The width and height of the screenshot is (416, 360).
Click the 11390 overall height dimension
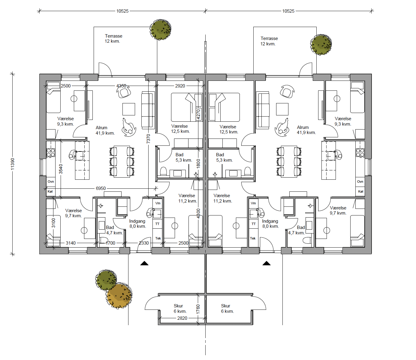(x=13, y=164)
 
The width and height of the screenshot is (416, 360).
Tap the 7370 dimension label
(x=148, y=139)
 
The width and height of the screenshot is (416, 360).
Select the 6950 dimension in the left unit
(x=101, y=188)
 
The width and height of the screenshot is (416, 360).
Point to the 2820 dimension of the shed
(x=182, y=318)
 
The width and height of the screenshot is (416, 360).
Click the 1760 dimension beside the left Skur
(x=198, y=309)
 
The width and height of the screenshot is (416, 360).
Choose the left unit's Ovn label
(x=51, y=182)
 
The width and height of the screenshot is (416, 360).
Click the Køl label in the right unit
(x=361, y=191)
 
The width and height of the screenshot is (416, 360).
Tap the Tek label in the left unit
(x=158, y=238)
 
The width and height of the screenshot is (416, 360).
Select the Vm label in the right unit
(x=253, y=203)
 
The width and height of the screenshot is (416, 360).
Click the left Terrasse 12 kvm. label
(x=113, y=38)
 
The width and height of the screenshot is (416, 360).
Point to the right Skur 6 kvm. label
(x=228, y=308)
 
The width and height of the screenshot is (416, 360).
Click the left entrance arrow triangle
(x=144, y=263)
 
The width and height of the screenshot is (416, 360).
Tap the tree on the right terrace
(x=321, y=45)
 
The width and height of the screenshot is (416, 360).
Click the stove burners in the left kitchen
(x=51, y=153)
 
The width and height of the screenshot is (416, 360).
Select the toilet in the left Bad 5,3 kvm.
(x=163, y=171)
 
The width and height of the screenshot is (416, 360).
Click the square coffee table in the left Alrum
(x=129, y=109)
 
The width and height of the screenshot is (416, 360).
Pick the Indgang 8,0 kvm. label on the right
(x=270, y=224)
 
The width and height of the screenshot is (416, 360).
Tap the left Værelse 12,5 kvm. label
(x=180, y=129)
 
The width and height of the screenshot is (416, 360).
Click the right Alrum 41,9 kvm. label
(x=306, y=130)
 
